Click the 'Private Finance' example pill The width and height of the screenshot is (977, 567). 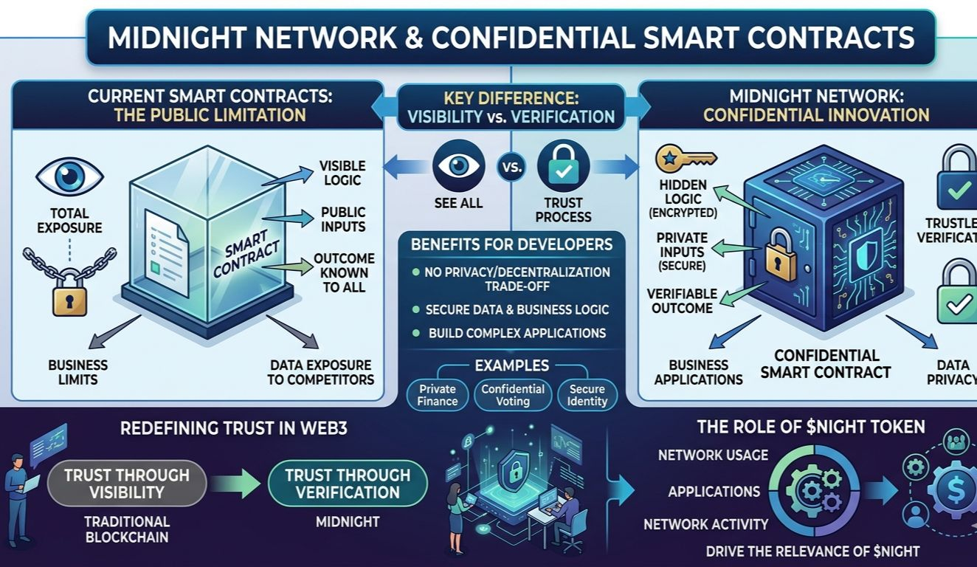pos(438,395)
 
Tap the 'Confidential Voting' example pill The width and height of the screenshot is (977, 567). pos(513,395)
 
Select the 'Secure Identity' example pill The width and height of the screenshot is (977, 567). pos(587,395)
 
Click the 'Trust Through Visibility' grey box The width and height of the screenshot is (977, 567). pos(126,484)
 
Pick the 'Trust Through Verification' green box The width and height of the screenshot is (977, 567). pos(348,484)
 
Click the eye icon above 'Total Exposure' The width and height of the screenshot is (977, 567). pos(69,176)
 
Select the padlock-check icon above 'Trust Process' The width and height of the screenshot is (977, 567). pos(563,165)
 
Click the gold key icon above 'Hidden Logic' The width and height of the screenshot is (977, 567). pos(686,158)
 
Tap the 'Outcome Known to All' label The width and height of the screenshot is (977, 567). pos(344,272)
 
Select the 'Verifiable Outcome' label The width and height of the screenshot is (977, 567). pos(682,300)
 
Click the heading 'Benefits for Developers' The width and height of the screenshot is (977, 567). pos(511,244)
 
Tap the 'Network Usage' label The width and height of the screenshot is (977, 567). pos(713,455)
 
